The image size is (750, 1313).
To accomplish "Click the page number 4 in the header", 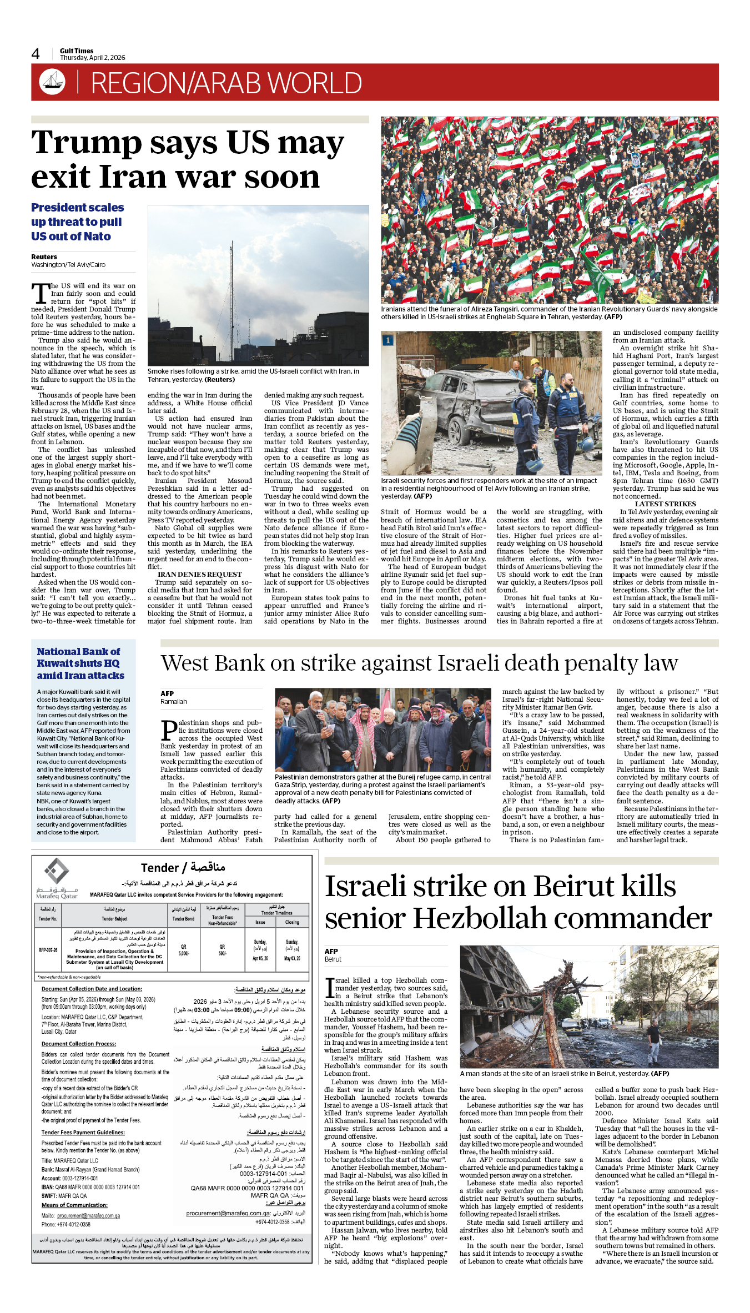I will tap(36, 54).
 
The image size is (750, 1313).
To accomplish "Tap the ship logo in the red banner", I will tap(52, 82).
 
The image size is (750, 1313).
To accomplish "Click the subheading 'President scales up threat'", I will tap(77, 222).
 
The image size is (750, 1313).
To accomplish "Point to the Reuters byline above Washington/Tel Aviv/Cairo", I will tap(44, 257).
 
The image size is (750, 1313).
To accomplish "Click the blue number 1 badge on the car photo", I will tap(388, 340).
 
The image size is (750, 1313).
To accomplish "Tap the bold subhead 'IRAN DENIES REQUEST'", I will tap(199, 575).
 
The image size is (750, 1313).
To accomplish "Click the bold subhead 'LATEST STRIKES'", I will tap(665, 504).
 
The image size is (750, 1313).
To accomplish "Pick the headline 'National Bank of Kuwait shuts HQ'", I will tap(80, 663).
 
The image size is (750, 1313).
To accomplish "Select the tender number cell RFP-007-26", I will tap(48, 950).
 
